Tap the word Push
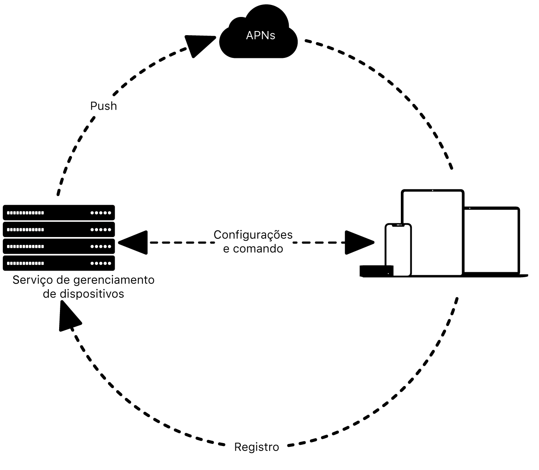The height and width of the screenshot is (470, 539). coord(103,106)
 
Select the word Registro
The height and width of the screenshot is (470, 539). coord(256,447)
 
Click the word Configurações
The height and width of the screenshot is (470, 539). coord(253,235)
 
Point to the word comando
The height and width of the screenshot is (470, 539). coord(258,249)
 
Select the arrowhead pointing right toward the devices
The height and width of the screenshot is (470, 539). coord(359,242)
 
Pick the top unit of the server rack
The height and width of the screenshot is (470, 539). coord(59,213)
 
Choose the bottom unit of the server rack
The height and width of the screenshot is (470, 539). coord(59,263)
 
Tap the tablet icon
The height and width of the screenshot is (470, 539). coord(432,232)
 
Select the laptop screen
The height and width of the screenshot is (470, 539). coord(491,240)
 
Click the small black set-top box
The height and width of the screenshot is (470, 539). coord(376,271)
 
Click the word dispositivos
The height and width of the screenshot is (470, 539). coord(92,294)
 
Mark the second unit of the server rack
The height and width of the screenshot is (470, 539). coord(59,229)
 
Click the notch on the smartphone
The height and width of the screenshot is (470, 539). coord(398,225)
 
